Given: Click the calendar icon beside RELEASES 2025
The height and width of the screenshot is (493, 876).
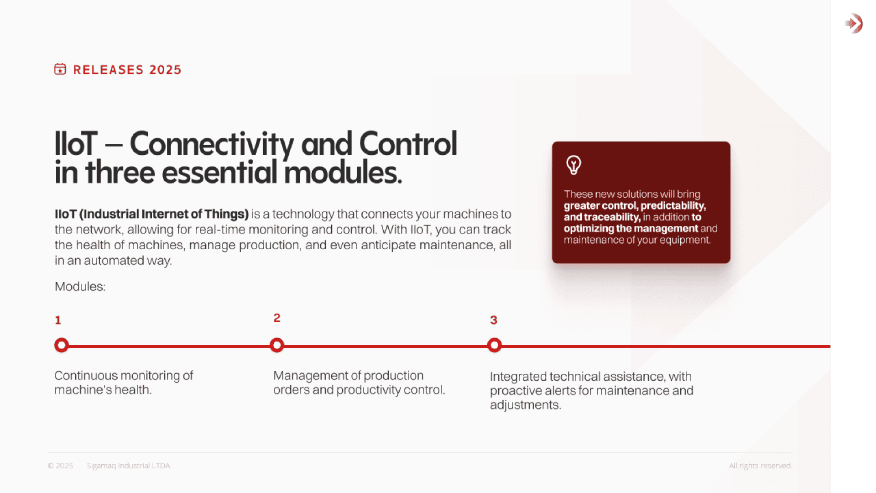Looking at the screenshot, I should [x=60, y=69].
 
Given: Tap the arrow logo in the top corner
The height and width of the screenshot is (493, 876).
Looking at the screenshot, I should [x=854, y=23].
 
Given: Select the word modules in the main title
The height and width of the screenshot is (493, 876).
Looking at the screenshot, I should [x=342, y=173].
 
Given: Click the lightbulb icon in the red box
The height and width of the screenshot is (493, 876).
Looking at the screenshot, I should [x=574, y=165].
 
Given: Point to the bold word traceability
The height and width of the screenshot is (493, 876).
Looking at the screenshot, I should [x=612, y=217].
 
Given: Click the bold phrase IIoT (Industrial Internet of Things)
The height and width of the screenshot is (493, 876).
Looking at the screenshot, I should [x=151, y=214].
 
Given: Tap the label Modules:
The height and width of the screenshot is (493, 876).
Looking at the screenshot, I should [x=80, y=287].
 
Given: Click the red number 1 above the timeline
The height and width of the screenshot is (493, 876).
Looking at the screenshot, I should [x=58, y=320].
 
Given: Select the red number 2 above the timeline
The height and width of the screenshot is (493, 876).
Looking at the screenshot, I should [x=276, y=318].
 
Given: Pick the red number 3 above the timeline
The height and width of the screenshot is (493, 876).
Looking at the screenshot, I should [x=493, y=320].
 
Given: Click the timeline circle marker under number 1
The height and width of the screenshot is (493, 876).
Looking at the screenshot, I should [x=62, y=345].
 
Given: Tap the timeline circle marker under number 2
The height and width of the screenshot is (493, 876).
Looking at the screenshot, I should [x=277, y=345].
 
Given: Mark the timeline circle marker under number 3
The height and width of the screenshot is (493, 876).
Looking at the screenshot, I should [x=494, y=345].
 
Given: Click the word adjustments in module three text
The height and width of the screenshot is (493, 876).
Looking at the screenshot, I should [x=525, y=405].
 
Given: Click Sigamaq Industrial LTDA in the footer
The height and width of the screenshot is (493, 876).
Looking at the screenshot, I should [x=128, y=466].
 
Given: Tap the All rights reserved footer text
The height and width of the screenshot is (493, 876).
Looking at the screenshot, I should [x=760, y=466].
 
